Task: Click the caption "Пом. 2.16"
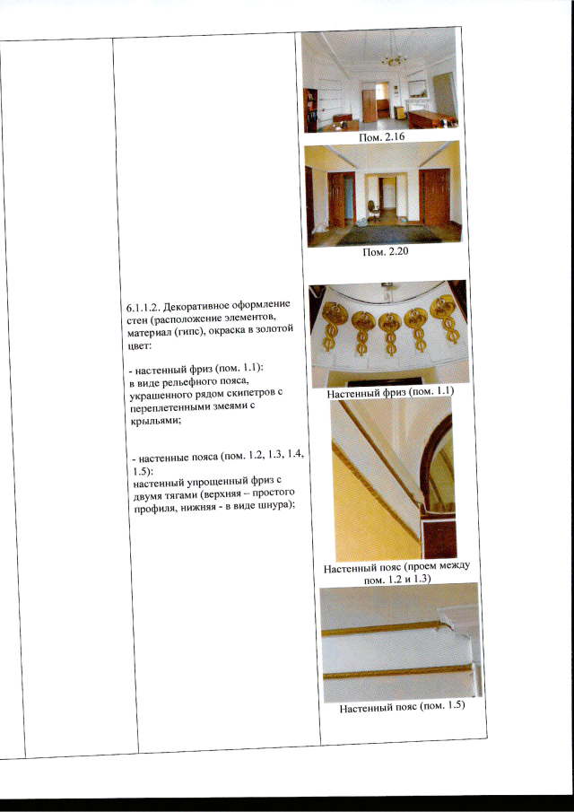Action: pos(382,137)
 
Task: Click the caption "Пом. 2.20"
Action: pos(385,254)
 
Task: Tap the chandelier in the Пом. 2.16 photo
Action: pos(395,59)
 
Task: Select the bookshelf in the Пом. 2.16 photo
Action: pos(310,110)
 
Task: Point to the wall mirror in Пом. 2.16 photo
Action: pos(417,89)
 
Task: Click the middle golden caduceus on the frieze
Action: pos(389,333)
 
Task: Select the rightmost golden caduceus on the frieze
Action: pos(444,319)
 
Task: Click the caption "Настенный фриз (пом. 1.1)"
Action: pos(391,393)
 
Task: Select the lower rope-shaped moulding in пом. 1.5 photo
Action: pos(397,672)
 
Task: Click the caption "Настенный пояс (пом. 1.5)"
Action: pos(402,707)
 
